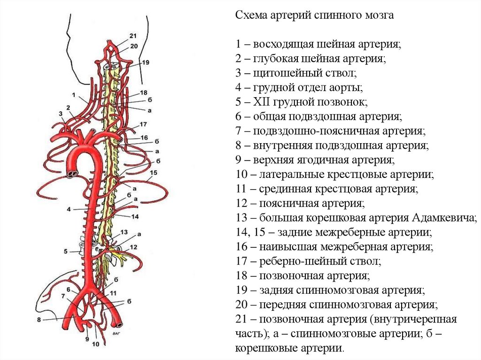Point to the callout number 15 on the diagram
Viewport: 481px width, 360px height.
(152, 173)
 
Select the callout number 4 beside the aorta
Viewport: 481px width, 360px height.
(68, 209)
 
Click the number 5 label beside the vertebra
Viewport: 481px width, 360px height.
(66, 252)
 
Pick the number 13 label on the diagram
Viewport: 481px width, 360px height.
(124, 232)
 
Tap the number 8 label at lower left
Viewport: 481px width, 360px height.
(39, 320)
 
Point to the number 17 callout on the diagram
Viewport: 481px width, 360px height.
(143, 124)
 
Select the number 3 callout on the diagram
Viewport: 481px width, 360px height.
(61, 114)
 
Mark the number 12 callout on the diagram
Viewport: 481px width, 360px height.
(133, 246)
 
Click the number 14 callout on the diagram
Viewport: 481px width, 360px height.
(135, 216)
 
